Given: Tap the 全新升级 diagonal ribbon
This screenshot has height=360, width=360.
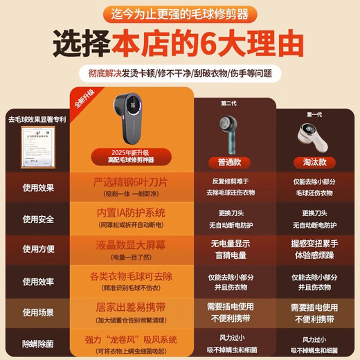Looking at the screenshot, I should pos(82,103).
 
